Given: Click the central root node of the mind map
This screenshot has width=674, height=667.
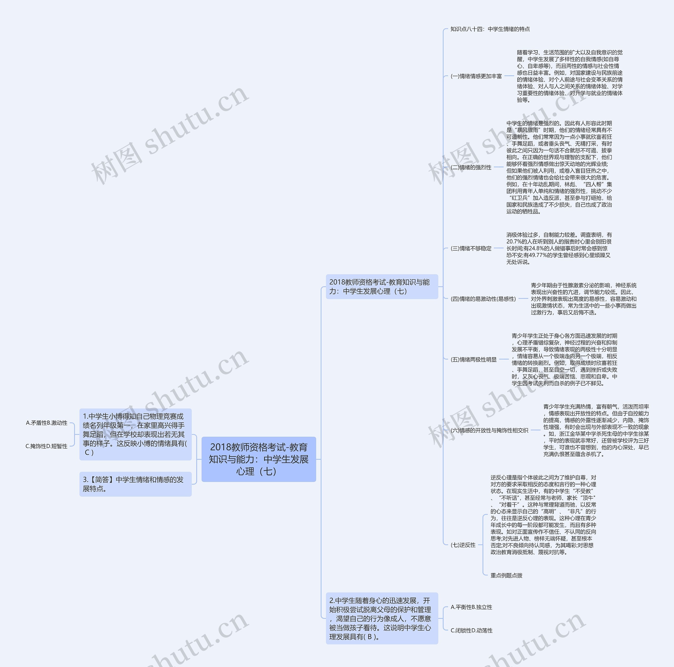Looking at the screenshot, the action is pyautogui.click(x=259, y=459).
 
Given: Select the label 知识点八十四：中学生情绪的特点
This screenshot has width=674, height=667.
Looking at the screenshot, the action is pyautogui.click(x=490, y=29).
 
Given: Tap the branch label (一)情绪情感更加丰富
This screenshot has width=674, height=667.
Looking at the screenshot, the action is pyautogui.click(x=476, y=76).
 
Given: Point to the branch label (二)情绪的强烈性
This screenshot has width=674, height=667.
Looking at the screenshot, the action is pyautogui.click(x=471, y=167).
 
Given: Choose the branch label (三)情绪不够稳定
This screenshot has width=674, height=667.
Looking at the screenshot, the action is pyautogui.click(x=471, y=248).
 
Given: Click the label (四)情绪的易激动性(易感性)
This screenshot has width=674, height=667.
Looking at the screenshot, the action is pyautogui.click(x=483, y=299).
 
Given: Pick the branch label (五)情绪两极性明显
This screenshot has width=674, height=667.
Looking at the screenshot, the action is pyautogui.click(x=473, y=360).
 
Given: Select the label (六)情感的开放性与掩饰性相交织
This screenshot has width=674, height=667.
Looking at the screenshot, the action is pyautogui.click(x=489, y=430).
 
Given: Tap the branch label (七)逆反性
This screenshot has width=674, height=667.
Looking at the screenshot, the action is pyautogui.click(x=463, y=545).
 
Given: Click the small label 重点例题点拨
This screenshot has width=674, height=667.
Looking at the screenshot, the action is pyautogui.click(x=506, y=576).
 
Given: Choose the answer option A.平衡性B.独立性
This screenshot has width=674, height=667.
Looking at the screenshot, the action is pyautogui.click(x=471, y=607).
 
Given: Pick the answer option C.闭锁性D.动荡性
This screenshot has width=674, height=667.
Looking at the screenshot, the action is pyautogui.click(x=471, y=631).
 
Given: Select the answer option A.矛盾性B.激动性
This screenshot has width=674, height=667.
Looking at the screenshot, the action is pyautogui.click(x=47, y=423).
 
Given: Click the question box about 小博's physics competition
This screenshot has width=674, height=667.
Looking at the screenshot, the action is pyautogui.click(x=135, y=434).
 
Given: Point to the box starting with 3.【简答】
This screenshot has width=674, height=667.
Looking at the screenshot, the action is pyautogui.click(x=135, y=484).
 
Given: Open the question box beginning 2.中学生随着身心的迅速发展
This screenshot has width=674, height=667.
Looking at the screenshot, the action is pyautogui.click(x=382, y=619).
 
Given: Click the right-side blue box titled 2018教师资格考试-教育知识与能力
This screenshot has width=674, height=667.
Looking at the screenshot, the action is pyautogui.click(x=382, y=287).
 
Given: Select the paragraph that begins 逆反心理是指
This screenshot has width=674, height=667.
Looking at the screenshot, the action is pyautogui.click(x=543, y=515).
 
